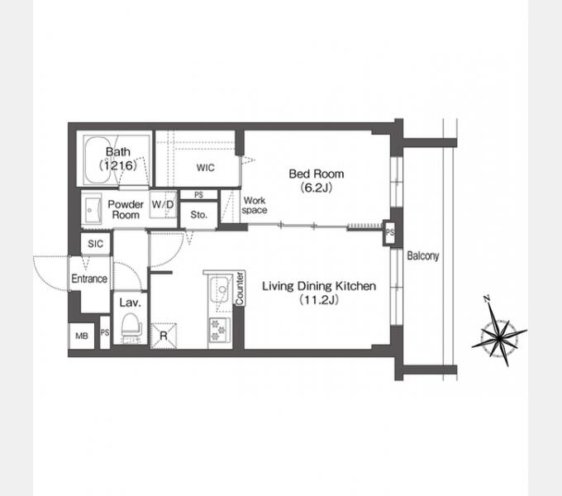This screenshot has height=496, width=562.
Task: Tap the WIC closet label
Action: coord(205,167)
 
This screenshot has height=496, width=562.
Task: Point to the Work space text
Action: coord(255,205)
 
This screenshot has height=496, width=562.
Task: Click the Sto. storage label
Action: coord(199,215)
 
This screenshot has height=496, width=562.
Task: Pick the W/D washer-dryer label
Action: coord(163,204)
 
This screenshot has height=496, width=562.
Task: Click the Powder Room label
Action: coord(126,210)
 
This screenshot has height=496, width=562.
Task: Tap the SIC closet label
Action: coord(95,244)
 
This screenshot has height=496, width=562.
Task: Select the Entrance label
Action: coord(89,279)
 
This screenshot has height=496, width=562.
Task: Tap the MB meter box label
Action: coord(82,336)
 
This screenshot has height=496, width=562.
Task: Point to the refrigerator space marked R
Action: coord(164,336)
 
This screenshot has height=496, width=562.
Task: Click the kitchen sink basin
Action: coord(221,289)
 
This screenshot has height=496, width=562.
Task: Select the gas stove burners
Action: coord(219,329)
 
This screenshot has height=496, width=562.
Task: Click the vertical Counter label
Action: coord(240,289)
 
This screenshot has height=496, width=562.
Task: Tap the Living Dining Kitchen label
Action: coord(319,293)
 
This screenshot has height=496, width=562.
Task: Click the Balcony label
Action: coord(423,256)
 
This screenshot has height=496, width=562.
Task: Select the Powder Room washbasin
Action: coord(92,210)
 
